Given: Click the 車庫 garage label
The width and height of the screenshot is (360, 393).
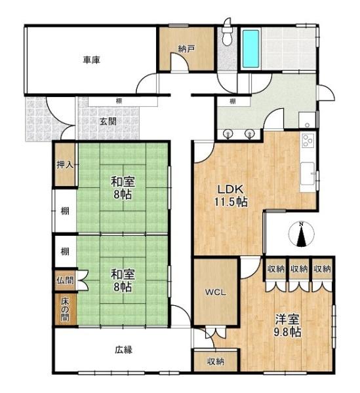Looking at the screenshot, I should click(x=91, y=60).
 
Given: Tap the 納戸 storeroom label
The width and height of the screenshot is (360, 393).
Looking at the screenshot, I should click(x=186, y=48).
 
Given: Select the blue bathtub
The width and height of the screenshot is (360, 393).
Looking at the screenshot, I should click(x=250, y=49).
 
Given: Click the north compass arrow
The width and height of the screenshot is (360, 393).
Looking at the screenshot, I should click(x=301, y=234).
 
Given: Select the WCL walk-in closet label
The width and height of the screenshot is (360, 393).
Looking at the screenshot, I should click(x=216, y=292).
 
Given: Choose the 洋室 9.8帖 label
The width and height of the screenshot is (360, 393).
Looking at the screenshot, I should click(x=287, y=326).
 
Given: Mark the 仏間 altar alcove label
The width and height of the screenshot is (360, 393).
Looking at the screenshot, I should click(x=64, y=280).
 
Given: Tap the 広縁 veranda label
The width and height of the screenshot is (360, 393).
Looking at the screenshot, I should click(x=123, y=349).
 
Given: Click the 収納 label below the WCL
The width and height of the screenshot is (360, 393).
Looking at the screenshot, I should click(x=215, y=361).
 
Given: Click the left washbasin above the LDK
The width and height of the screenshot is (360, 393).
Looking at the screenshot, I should click(x=228, y=134).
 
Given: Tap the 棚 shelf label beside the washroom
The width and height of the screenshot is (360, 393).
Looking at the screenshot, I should click(x=233, y=102).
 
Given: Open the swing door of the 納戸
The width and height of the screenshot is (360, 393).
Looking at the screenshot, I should click(x=172, y=67).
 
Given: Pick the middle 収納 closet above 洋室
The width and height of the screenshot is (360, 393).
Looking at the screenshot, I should click(x=299, y=269).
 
